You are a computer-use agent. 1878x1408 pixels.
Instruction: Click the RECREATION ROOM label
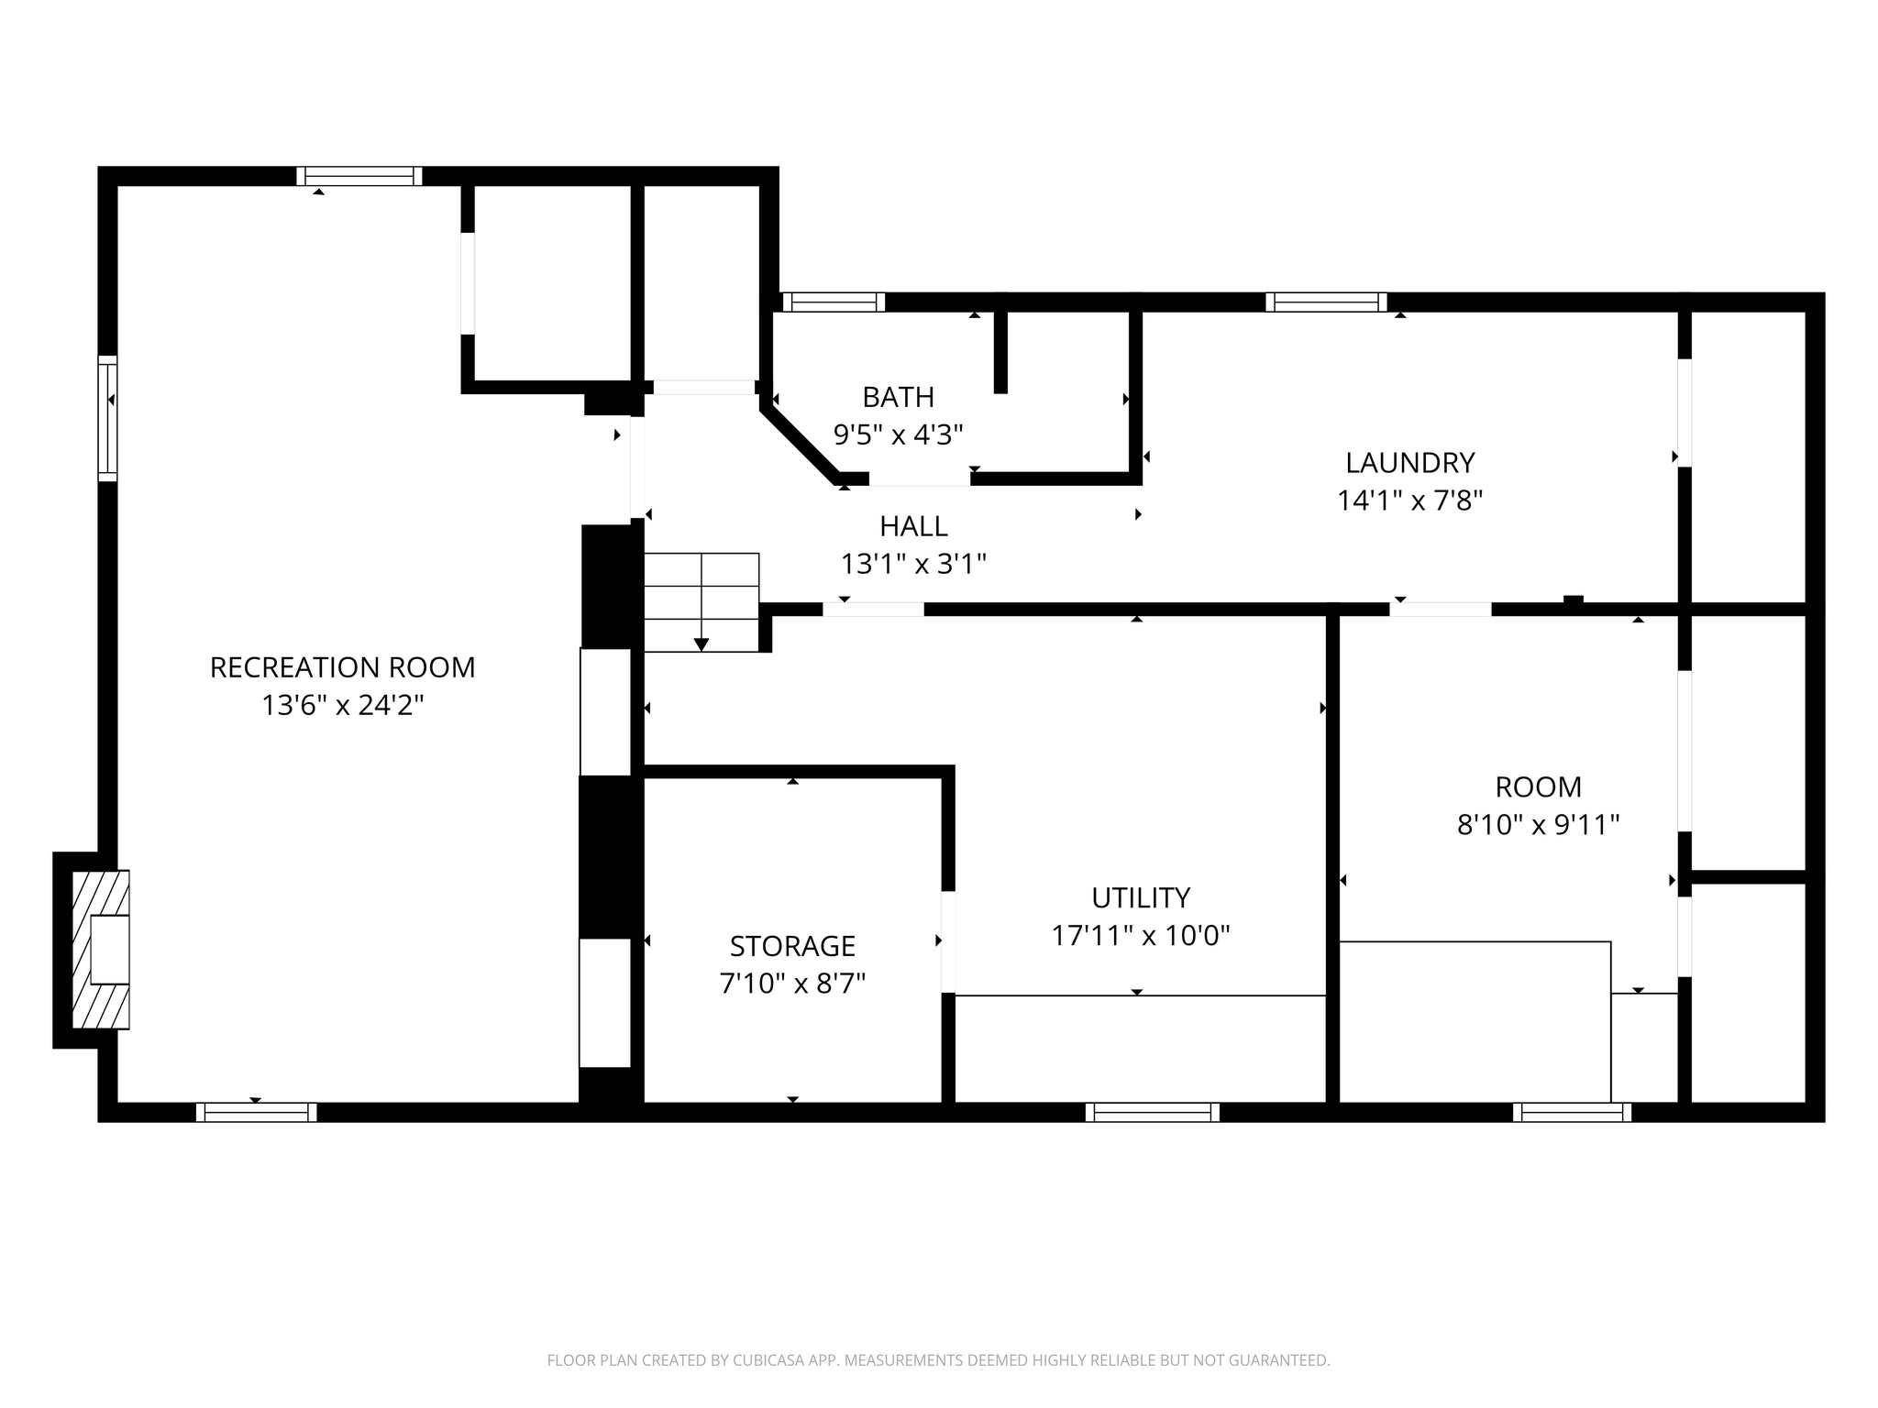342,667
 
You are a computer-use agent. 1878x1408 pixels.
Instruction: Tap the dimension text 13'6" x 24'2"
342,706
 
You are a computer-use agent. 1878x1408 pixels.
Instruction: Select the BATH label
898,397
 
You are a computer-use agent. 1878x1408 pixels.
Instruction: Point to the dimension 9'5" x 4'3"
898,434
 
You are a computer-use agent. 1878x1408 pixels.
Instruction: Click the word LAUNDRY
1409,462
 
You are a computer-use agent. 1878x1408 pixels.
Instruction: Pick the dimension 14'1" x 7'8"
1409,500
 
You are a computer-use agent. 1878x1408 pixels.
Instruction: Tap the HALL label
913,526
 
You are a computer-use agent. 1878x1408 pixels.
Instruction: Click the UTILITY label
1141,897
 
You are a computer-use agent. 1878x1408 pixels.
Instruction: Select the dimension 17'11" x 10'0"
1141,936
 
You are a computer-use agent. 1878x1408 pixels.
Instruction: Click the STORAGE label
792,945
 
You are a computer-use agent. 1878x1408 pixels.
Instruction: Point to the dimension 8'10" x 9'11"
1538,825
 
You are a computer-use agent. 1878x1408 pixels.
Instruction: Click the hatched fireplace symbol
101,949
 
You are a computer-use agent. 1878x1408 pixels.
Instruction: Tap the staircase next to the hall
701,601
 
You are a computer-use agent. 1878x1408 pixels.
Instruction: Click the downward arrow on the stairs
701,643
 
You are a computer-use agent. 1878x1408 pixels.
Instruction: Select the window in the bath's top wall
834,302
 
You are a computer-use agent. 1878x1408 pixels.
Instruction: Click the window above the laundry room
1326,302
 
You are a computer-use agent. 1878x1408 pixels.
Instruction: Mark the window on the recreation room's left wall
108,418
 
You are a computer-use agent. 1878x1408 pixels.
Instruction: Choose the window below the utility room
1152,1112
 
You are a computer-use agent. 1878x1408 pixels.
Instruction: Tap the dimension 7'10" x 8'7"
792,984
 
